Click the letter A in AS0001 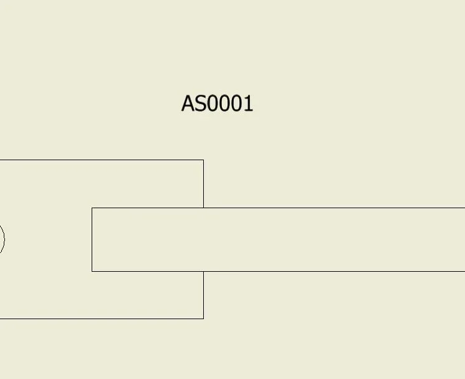coord(188,103)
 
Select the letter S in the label coord(201,103)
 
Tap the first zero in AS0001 coord(213,103)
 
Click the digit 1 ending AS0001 coord(249,103)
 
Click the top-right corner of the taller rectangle coord(203,160)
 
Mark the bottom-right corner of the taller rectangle coord(203,319)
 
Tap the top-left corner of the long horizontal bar coord(92,208)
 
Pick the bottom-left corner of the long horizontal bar coord(92,271)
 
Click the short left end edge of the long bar coord(92,239)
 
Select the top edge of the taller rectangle coord(102,160)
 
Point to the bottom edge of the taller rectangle coord(102,319)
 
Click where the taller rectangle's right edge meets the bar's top coord(203,208)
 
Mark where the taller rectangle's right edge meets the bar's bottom coord(203,271)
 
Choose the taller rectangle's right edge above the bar coord(203,184)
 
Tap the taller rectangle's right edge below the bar coord(203,295)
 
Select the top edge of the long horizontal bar coord(279,208)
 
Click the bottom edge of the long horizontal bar coord(279,271)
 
